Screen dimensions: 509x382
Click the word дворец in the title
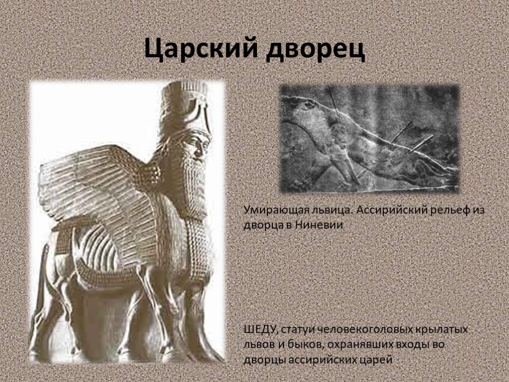coord(315,49)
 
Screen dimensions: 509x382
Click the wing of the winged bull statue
coord(97,191)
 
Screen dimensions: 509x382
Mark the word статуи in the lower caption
coord(296,329)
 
